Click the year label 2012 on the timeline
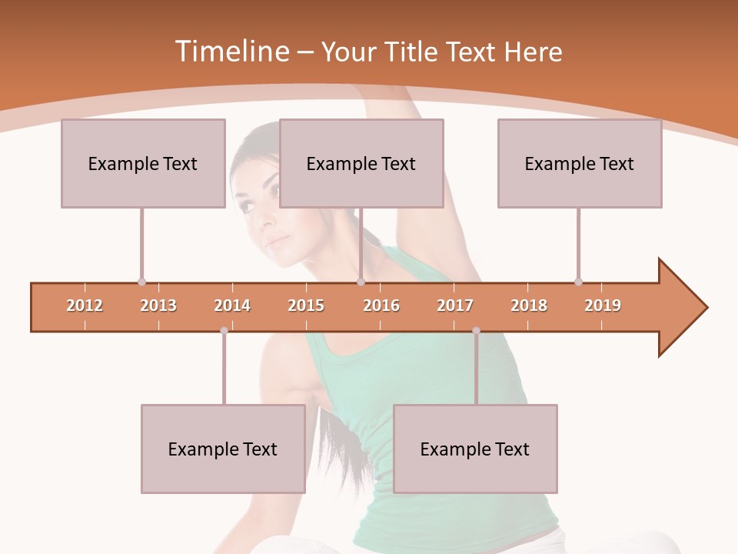pos(85,305)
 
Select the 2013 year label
pos(158,305)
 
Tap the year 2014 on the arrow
pos(232,305)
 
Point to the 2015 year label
pos(306,305)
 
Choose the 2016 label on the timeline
pos(381,305)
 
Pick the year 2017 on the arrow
pos(455,305)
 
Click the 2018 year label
pos(529,305)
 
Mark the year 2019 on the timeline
pos(603,305)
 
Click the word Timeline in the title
pos(231,52)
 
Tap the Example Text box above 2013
pos(143,163)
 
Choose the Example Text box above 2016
pos(361,163)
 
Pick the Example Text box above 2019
pos(580,163)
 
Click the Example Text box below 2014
pos(223,449)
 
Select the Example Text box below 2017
pos(475,449)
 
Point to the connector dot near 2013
pos(141,282)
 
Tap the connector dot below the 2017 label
pos(476,331)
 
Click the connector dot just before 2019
pos(578,282)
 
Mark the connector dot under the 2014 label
pos(224,331)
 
